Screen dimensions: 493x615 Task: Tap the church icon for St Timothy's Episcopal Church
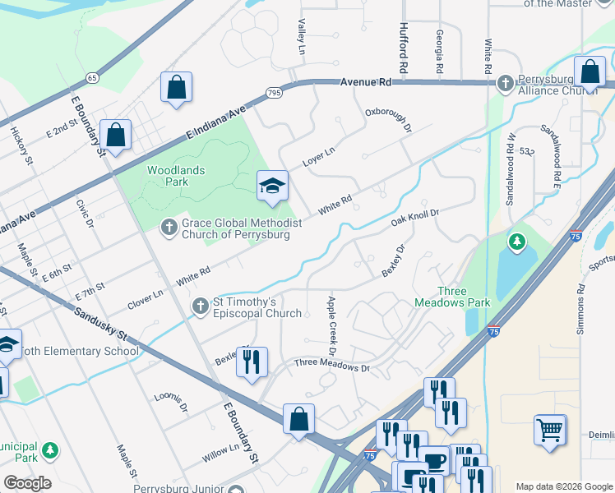click(200, 306)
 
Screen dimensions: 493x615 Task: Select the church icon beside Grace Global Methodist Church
click(169, 226)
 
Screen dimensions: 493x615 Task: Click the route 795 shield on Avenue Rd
click(275, 93)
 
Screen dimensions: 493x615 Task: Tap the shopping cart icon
click(549, 429)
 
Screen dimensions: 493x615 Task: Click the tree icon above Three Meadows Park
click(516, 241)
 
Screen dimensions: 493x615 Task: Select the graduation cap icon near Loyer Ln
click(272, 186)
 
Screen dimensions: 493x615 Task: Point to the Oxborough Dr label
click(388, 121)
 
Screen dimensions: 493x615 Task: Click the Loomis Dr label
click(171, 402)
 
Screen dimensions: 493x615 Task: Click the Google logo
click(27, 483)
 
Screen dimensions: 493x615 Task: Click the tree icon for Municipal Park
click(51, 449)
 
